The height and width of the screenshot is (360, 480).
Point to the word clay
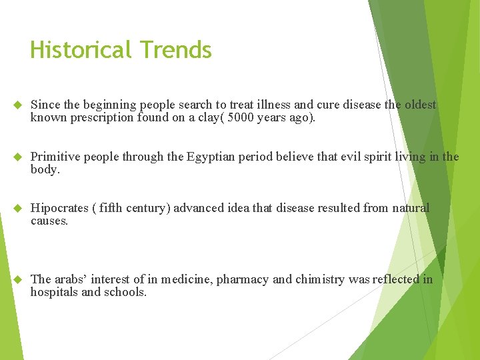pos(228,118)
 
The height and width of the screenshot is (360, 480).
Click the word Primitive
pos(55,157)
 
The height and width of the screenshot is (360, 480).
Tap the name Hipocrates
pos(61,208)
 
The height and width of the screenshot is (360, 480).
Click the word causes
pos(49,221)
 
